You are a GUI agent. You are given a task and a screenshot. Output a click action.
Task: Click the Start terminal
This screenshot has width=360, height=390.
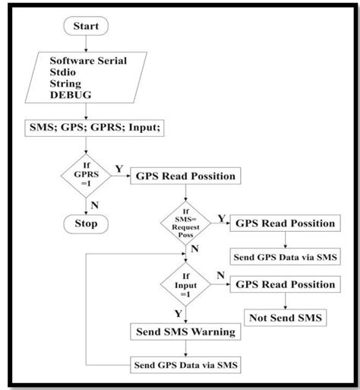click(86, 26)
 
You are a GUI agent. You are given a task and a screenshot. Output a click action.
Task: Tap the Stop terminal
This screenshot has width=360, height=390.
click(85, 224)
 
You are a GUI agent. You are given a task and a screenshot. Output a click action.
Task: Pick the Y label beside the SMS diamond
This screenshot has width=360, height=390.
click(222, 218)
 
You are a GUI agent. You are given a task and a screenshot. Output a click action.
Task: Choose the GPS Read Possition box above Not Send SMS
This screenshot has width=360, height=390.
click(285, 284)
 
